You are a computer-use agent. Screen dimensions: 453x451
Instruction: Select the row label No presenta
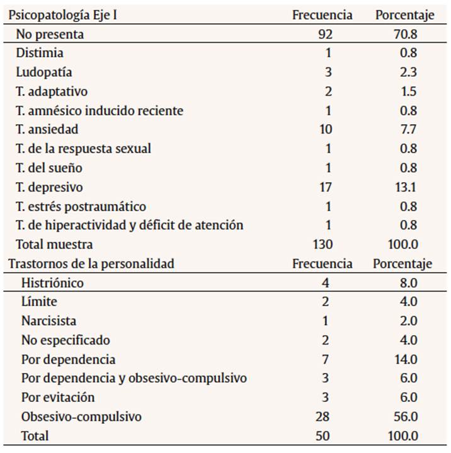pos(50,34)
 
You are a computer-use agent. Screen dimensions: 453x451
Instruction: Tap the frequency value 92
pos(325,34)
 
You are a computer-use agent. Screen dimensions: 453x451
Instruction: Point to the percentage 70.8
pos(404,34)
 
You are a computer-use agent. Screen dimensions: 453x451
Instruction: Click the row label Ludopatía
pos(45,72)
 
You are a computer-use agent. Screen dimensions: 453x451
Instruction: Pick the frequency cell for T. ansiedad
pos(325,130)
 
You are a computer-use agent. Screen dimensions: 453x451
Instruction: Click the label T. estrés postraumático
pos(81,207)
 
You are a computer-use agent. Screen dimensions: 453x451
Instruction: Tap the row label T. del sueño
pos(49,168)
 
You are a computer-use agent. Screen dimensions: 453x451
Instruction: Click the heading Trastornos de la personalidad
pos(91,264)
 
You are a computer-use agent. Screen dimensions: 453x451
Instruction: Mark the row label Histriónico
pos(52,283)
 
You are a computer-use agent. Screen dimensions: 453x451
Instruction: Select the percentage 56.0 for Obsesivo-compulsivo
pos(404,416)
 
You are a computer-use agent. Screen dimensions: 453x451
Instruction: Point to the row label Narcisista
pos(49,321)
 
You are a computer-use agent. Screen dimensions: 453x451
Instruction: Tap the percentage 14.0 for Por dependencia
pos(404,359)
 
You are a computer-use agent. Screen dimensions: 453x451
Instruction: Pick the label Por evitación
pos(58,398)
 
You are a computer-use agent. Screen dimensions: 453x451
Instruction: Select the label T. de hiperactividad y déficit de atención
pos(130,226)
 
